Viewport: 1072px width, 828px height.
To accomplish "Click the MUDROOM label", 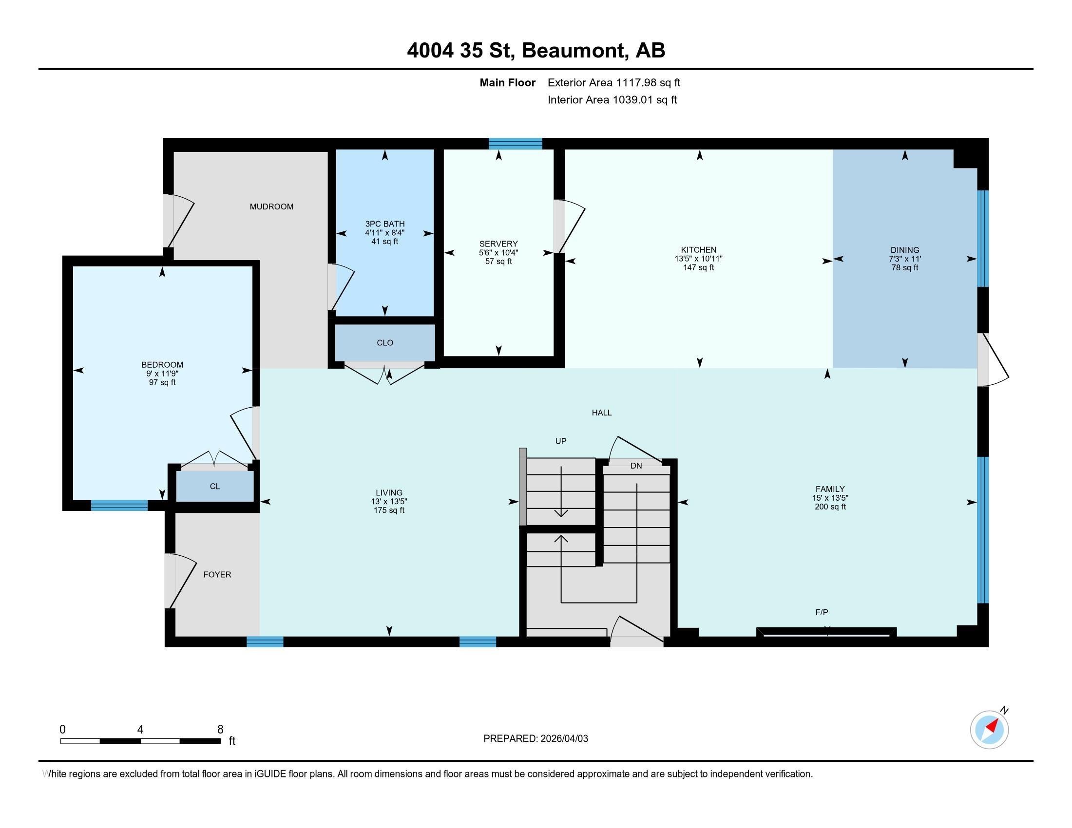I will click(x=271, y=207).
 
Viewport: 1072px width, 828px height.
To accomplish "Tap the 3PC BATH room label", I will click(x=384, y=224).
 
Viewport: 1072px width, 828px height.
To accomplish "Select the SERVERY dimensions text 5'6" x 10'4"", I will click(x=498, y=253).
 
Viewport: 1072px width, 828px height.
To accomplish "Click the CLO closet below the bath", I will click(x=385, y=342).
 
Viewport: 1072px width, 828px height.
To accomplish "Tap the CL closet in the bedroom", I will click(x=214, y=486).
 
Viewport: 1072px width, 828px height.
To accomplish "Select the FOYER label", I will click(x=217, y=574).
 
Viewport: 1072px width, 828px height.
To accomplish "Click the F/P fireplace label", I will click(x=821, y=612).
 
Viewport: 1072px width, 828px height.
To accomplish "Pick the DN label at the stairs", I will click(x=635, y=466).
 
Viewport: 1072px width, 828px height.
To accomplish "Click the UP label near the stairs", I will click(x=560, y=441).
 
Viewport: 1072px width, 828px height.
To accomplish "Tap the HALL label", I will click(x=601, y=413).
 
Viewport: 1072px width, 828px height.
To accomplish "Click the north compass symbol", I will click(x=989, y=730).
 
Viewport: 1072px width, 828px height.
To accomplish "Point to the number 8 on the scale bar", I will click(x=220, y=730).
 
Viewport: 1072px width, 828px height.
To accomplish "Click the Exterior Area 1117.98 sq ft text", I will click(x=613, y=82).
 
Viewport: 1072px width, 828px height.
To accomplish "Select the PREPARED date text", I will click(x=536, y=738).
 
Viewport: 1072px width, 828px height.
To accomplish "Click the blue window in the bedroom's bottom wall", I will click(x=119, y=505).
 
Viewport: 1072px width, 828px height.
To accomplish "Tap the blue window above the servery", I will click(x=515, y=143).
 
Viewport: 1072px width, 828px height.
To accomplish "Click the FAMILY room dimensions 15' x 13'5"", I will click(x=829, y=497).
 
